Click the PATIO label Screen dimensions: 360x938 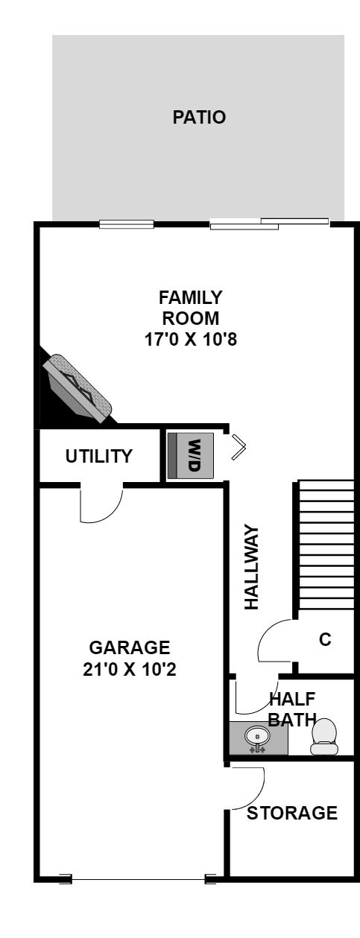pos(199,117)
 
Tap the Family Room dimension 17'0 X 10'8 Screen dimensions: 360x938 pos(191,339)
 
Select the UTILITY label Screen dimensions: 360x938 pos(99,456)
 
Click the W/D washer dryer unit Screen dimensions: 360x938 pos(191,456)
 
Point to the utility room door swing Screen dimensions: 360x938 pos(101,505)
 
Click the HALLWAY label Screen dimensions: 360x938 pos(251,567)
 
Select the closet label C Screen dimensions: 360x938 pos(325,639)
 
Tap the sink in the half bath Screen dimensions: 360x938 pos(256,736)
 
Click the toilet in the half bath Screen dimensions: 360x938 pos(323,737)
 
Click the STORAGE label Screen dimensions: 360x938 pos(292,814)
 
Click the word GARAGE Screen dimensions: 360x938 pos(130,647)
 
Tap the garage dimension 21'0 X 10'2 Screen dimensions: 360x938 pos(130,669)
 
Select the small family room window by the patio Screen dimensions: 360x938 pos(127,224)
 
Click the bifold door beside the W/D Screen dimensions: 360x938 pos(239,447)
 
